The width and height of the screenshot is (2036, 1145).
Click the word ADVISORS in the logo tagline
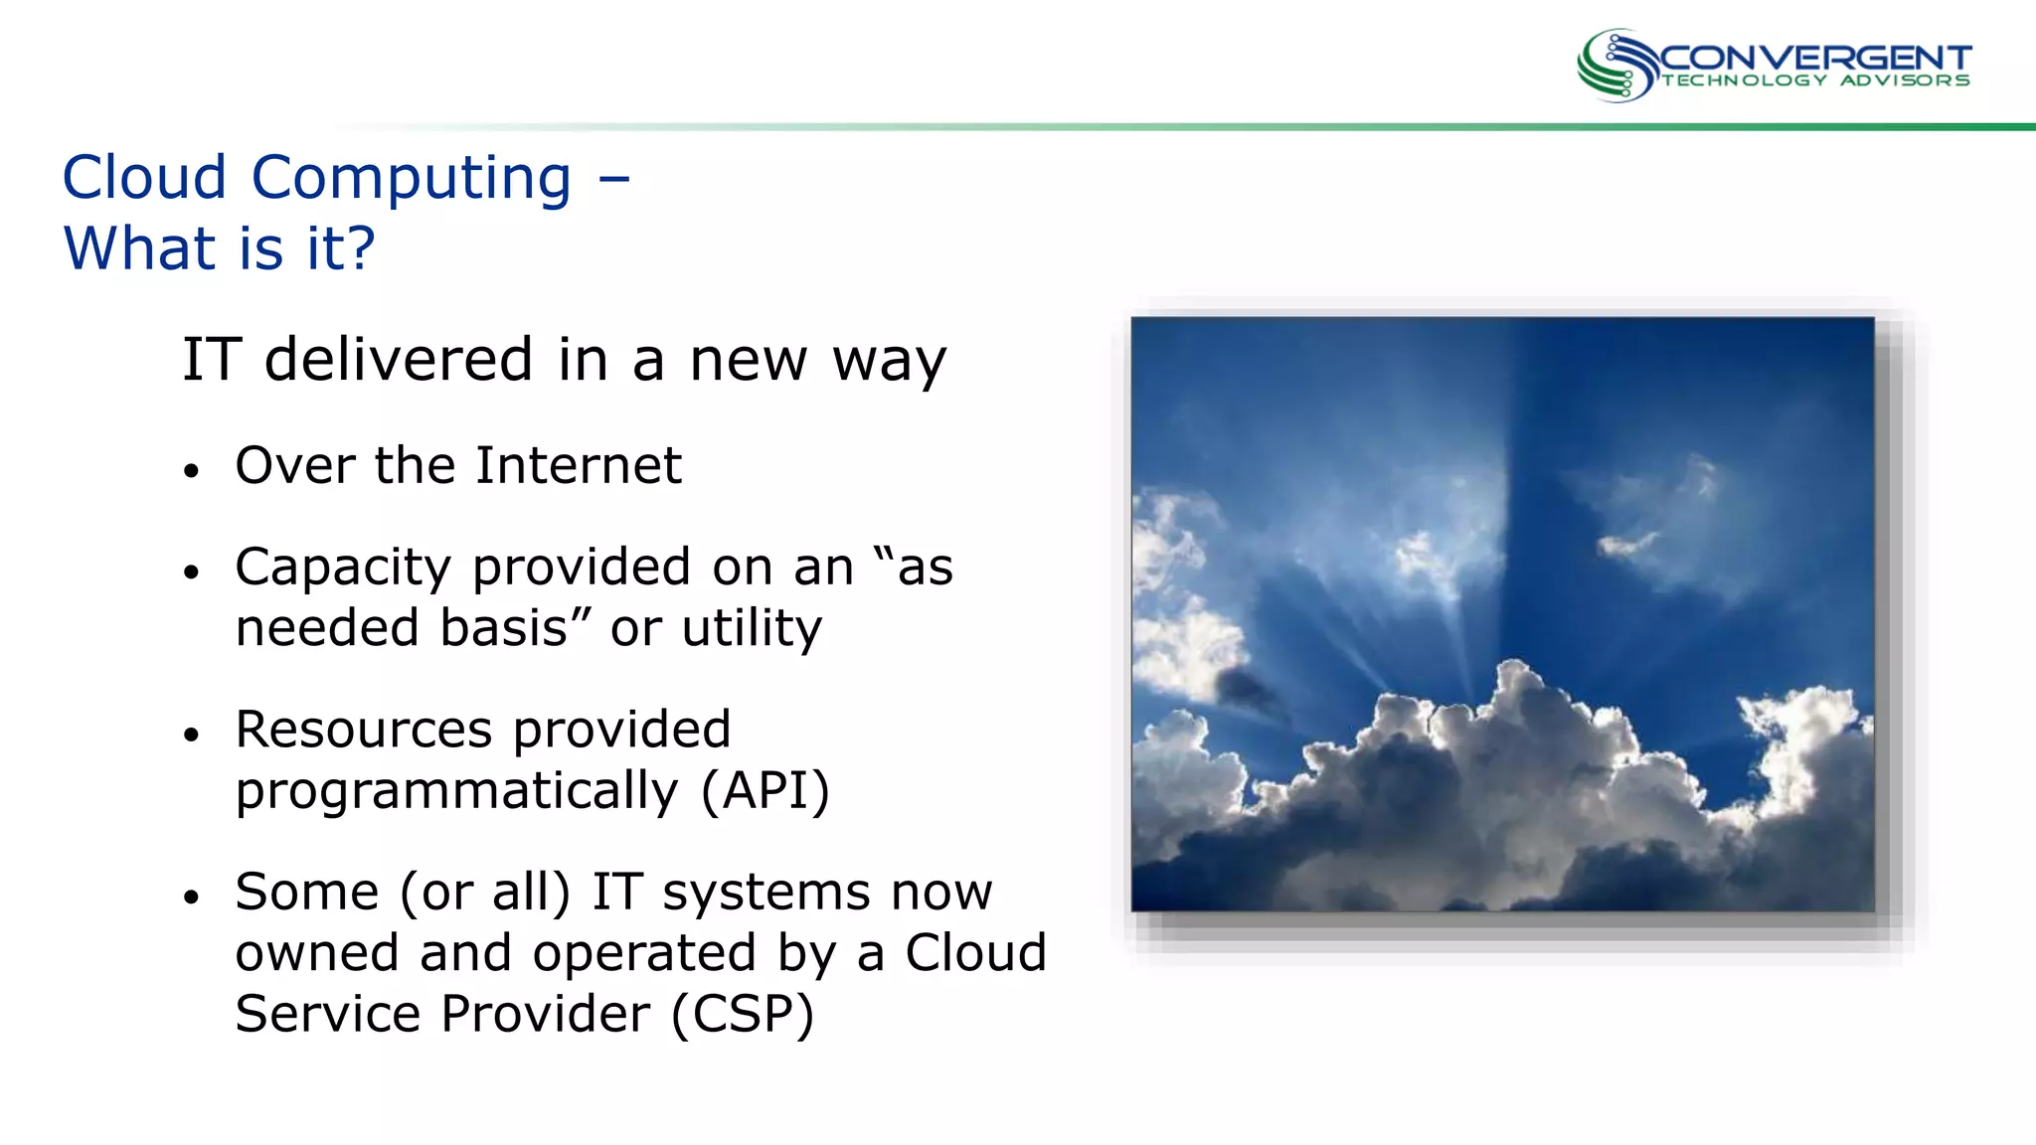[x=1904, y=81]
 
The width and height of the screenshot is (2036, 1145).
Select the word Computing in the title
[x=412, y=179]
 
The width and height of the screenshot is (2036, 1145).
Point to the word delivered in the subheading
[x=399, y=359]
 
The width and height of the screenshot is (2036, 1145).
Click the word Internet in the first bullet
[x=579, y=465]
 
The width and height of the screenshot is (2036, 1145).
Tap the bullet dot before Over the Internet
[x=192, y=470]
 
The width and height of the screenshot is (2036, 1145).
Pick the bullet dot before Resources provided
[x=192, y=735]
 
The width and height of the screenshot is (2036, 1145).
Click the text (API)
[x=764, y=791]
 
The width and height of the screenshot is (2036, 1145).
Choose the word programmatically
[x=456, y=791]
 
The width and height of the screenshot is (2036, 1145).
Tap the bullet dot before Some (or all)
[x=192, y=897]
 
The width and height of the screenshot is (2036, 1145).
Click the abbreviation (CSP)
[x=743, y=1014]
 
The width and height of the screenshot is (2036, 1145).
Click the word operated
[x=643, y=953]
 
